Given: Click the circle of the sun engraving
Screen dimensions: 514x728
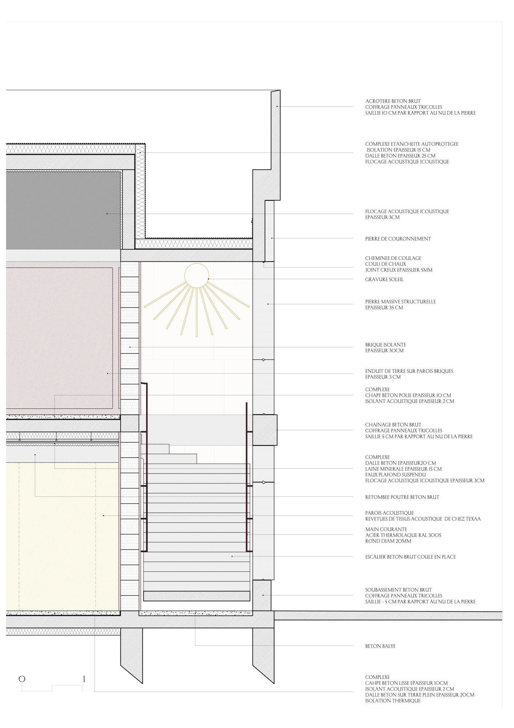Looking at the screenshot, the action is (197, 264).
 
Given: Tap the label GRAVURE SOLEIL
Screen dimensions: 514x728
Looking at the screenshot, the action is (384, 280).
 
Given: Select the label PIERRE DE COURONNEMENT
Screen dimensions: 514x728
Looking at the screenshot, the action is (398, 239).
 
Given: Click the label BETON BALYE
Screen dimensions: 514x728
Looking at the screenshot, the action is (380, 646).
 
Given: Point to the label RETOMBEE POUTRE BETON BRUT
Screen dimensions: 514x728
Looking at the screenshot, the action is (402, 497).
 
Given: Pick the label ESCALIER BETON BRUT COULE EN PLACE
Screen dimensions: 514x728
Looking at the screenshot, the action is (410, 557).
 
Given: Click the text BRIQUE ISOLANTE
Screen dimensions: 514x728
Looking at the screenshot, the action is (386, 345).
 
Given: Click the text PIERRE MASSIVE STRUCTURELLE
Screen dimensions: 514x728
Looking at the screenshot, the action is (401, 302).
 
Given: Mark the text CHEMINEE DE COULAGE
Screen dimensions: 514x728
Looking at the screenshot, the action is (393, 258).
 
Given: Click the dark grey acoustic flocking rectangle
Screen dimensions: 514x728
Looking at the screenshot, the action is (64, 210).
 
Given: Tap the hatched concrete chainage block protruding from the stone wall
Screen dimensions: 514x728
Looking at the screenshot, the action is (265, 430).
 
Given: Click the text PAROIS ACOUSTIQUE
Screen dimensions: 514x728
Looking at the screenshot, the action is (389, 513).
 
